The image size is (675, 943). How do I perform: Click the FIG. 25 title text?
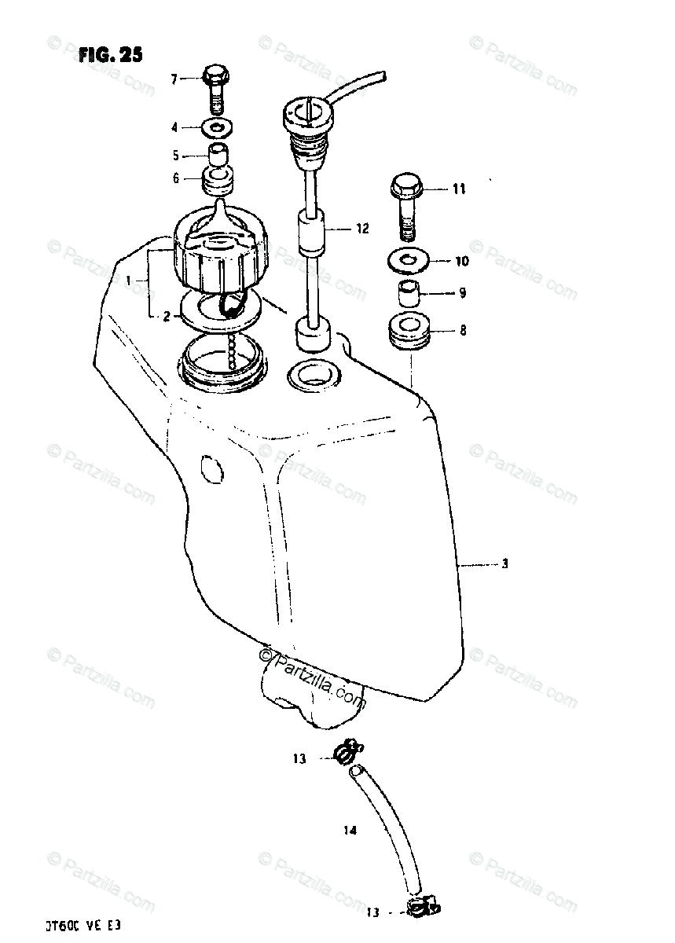[x=110, y=55]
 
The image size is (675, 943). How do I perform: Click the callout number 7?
[x=175, y=78]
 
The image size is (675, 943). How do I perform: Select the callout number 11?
[x=458, y=189]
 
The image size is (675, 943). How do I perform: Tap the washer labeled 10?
[x=408, y=260]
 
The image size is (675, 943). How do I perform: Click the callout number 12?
[x=361, y=229]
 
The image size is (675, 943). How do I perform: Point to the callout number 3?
[x=505, y=563]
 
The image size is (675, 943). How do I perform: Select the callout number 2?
[x=166, y=316]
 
